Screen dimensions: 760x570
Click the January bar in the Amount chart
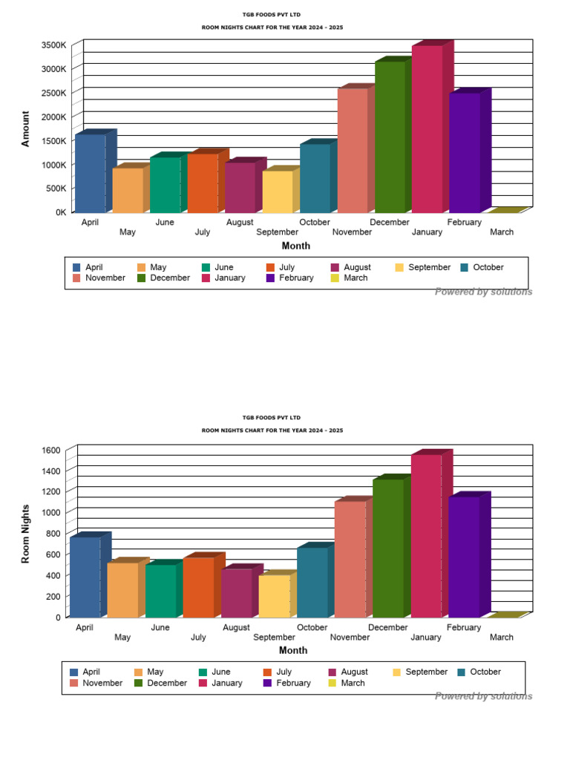coord(427,129)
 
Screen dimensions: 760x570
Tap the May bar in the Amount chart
coord(128,190)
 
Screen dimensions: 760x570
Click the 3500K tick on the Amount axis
coord(54,45)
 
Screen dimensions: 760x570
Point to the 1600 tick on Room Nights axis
coord(51,451)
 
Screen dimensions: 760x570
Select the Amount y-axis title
coord(26,129)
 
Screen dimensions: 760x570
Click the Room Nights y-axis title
coord(26,534)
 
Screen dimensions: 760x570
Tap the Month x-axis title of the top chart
coord(296,246)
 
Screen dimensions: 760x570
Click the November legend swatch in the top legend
coord(77,278)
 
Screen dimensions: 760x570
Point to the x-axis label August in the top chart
coord(240,222)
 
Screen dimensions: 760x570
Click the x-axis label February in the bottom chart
coord(464,627)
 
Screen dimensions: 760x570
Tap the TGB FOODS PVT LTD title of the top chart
coord(272,14)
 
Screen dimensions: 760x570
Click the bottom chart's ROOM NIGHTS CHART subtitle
coord(272,430)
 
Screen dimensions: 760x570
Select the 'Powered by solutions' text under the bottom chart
coord(483,696)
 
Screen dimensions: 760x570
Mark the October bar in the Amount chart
coord(315,178)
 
